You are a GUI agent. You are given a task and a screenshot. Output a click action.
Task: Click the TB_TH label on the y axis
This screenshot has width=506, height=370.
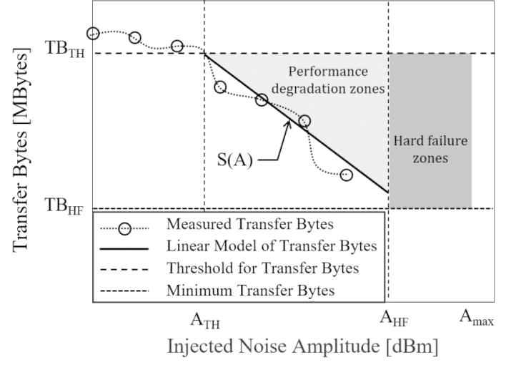[x=65, y=53]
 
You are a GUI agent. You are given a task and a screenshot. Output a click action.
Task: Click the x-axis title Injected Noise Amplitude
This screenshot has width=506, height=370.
[x=302, y=348]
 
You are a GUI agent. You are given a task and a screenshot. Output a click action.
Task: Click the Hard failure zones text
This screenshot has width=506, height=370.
[x=430, y=149]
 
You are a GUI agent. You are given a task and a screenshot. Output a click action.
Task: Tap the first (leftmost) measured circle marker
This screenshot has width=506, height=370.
[x=93, y=33]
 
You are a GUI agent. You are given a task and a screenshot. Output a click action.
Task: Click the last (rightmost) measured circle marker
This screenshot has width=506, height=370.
[x=347, y=175]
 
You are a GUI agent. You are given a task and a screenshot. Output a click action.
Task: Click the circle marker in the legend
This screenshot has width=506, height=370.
[x=126, y=228]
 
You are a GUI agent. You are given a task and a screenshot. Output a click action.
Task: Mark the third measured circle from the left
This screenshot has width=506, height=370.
[x=177, y=46]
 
